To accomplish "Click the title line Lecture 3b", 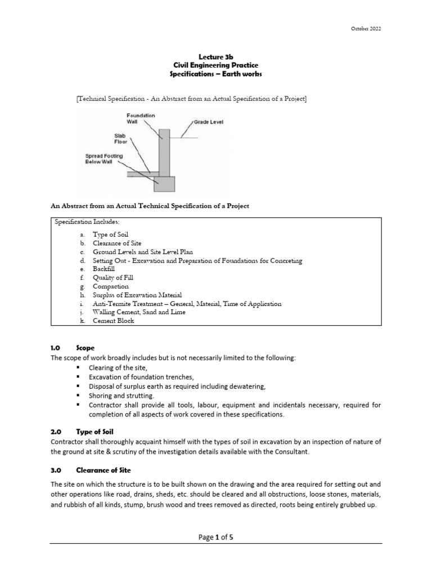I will [x=215, y=56].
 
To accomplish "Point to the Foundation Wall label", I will [x=141, y=118].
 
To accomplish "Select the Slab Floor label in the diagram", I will [x=121, y=139].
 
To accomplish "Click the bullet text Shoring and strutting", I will [x=121, y=396].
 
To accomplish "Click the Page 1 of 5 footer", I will [x=216, y=537].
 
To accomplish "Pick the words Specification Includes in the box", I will [x=87, y=223].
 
